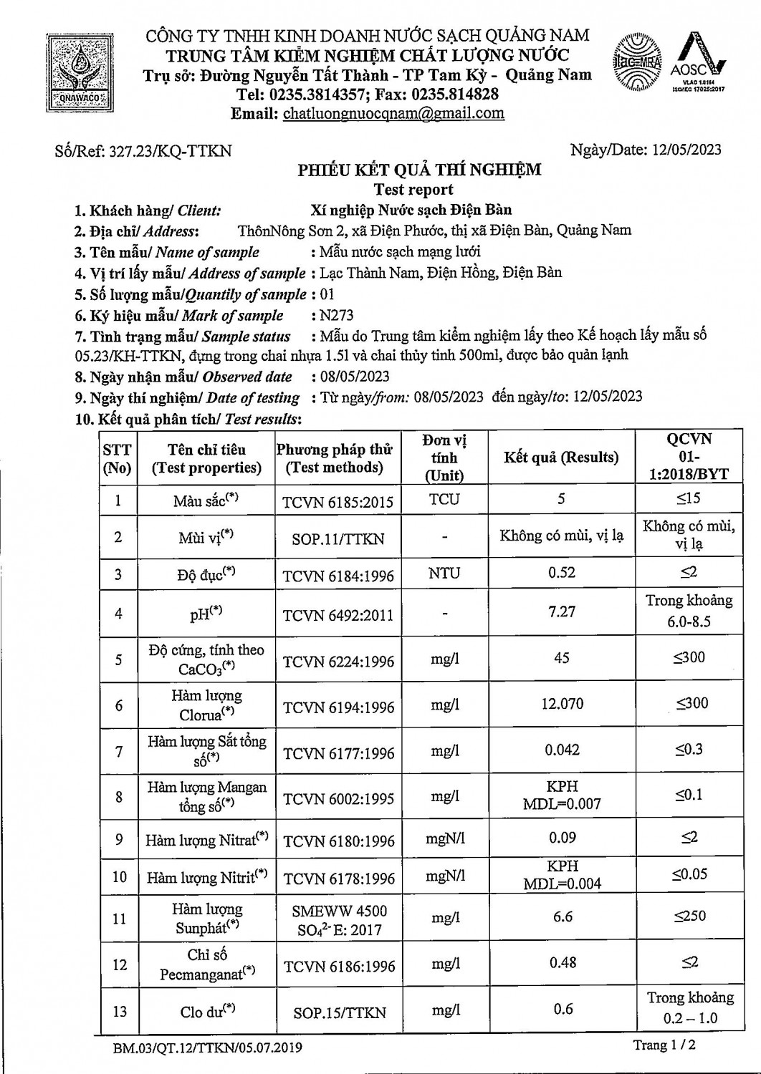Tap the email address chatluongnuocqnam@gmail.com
click(x=393, y=113)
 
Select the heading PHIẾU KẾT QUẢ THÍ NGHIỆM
click(x=419, y=170)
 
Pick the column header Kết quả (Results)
click(x=561, y=457)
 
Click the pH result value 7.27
click(x=562, y=611)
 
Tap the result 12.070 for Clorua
click(x=562, y=704)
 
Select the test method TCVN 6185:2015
click(x=338, y=501)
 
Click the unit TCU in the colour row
click(x=444, y=499)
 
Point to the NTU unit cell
click(x=444, y=574)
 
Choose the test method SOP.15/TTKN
click(x=339, y=1012)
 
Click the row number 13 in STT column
click(x=120, y=1011)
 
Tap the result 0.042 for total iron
click(x=563, y=750)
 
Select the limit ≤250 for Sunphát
click(x=689, y=916)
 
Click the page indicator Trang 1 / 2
click(x=664, y=1045)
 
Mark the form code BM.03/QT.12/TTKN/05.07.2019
click(x=207, y=1048)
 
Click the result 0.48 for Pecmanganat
click(x=563, y=963)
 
